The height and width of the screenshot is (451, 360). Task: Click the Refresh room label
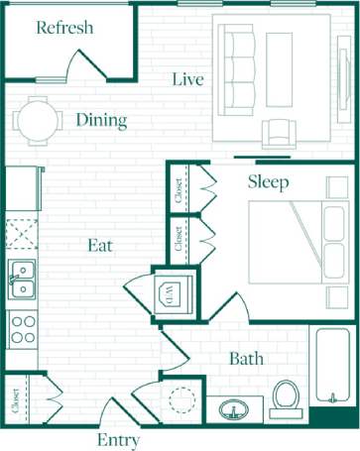64,27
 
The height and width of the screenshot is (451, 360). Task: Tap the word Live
187,79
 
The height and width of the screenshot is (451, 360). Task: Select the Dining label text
101,121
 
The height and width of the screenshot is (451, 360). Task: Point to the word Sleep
268,182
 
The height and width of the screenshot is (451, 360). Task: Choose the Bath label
246,359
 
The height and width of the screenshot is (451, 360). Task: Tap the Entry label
117,440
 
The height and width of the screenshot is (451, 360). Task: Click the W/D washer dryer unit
176,292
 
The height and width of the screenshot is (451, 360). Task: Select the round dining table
38,121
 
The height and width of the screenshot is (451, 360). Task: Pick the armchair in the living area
279,131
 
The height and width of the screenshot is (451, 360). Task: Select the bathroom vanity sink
234,409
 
